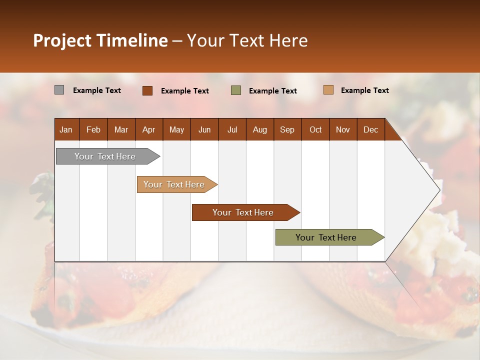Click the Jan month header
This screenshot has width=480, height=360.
[66, 129]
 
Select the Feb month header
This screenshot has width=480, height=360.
[93, 129]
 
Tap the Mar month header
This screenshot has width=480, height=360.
[121, 129]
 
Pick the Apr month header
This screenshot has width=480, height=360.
[148, 129]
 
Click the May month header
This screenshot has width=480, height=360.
[176, 129]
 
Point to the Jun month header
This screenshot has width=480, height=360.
[204, 129]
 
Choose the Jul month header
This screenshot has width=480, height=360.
[232, 129]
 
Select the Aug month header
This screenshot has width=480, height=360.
[259, 129]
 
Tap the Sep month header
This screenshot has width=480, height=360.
[287, 129]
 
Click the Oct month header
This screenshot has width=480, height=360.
[315, 129]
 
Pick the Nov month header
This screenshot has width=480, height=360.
[343, 129]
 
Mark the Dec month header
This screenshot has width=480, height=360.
[370, 129]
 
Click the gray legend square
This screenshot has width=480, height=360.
[59, 90]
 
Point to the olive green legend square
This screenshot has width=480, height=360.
[236, 90]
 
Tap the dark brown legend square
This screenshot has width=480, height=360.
[147, 90]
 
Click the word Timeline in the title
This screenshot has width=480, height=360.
[131, 40]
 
